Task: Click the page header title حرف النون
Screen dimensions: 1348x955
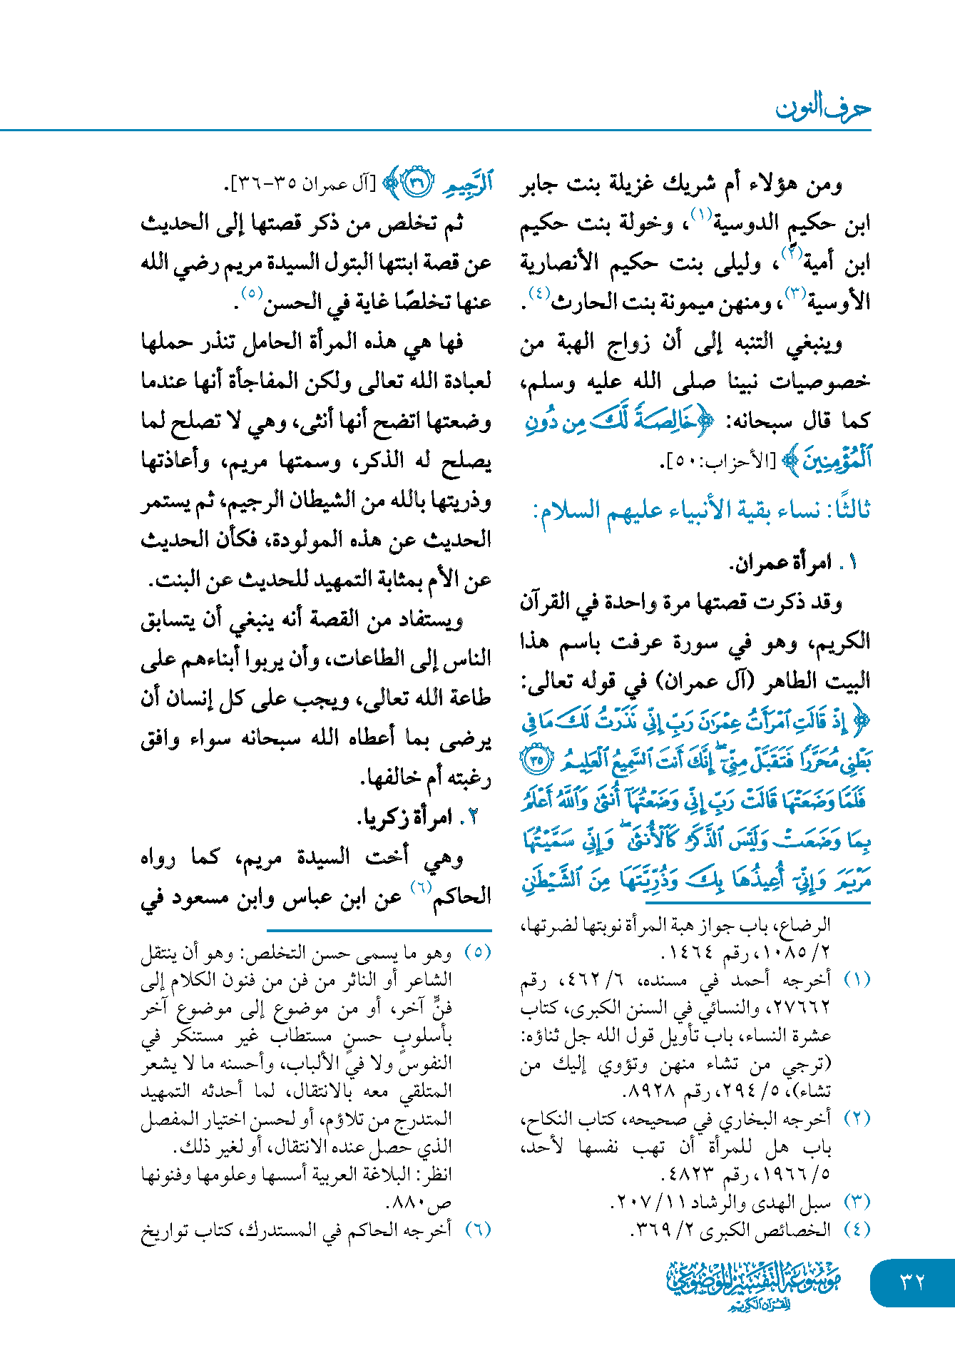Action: pos(823,108)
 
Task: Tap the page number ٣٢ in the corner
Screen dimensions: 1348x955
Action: pos(912,1282)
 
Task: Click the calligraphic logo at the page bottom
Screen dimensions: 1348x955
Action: pos(753,1285)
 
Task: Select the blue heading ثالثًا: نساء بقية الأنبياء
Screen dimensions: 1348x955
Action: pos(702,511)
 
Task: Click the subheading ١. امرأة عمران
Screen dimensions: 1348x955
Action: pos(792,563)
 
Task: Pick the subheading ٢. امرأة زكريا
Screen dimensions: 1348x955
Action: pos(417,817)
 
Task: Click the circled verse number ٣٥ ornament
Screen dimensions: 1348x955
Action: pos(535,761)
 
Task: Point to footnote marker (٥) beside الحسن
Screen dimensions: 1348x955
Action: pos(252,293)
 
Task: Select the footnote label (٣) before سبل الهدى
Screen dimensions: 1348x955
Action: pos(857,1203)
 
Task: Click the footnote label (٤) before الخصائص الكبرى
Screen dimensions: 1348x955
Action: pos(857,1230)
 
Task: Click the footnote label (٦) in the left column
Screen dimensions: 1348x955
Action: pos(478,1230)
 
